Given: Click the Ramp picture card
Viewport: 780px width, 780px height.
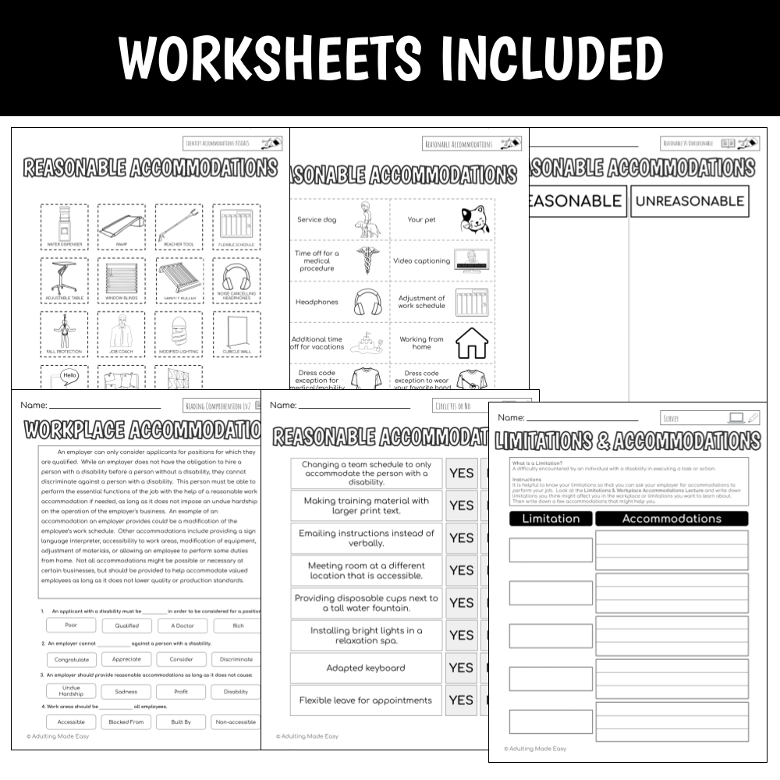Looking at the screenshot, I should [121, 226].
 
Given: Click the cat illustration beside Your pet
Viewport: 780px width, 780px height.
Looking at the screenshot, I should [473, 219].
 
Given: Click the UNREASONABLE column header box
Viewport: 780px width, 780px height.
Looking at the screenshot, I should [689, 201].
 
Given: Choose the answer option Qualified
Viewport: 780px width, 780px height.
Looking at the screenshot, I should [127, 626].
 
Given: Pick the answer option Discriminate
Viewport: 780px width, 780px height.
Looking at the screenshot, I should [236, 659].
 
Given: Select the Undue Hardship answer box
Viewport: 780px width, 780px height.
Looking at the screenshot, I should [71, 692].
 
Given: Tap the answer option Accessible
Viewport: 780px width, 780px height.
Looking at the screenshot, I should [71, 722].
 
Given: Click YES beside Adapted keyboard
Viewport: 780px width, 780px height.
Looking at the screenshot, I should [461, 668].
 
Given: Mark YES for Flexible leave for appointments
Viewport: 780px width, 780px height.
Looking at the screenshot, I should [461, 700].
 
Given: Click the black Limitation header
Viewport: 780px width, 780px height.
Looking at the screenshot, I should [551, 519].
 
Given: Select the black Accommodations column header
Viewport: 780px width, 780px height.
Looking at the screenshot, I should [672, 519].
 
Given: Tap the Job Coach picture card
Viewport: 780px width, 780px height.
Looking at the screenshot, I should [121, 335].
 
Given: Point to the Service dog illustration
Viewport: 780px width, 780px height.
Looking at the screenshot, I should [363, 220].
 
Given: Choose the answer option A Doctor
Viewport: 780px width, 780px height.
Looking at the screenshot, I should [181, 626].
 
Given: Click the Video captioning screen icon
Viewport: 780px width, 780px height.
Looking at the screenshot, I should [473, 261].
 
